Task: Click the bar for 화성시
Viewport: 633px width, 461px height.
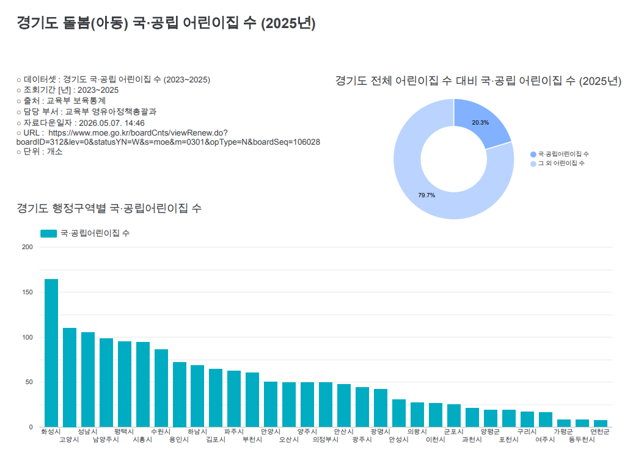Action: coord(51,353)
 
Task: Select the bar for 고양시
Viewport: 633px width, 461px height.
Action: coord(70,377)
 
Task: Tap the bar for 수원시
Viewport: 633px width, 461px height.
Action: coord(161,388)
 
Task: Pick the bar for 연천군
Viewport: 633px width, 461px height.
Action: coord(601,424)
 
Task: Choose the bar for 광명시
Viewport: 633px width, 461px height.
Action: coord(381,408)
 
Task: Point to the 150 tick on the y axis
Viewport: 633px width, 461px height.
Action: coord(27,292)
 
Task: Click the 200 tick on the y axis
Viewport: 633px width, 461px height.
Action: coord(27,247)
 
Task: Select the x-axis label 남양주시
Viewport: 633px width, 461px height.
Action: coord(106,440)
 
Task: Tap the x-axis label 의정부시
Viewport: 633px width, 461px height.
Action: coord(326,440)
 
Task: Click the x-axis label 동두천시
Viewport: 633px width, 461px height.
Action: coord(582,440)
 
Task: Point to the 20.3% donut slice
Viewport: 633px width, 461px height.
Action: coord(480,121)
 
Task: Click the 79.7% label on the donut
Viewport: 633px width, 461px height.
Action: coord(426,195)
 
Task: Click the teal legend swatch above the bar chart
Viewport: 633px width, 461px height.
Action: coord(48,233)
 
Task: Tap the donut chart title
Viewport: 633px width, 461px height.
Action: coord(478,81)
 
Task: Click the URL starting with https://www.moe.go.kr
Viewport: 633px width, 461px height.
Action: coord(169,137)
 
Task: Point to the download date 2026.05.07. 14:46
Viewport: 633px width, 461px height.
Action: coord(111,123)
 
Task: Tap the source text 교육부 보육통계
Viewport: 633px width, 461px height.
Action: coord(76,101)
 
